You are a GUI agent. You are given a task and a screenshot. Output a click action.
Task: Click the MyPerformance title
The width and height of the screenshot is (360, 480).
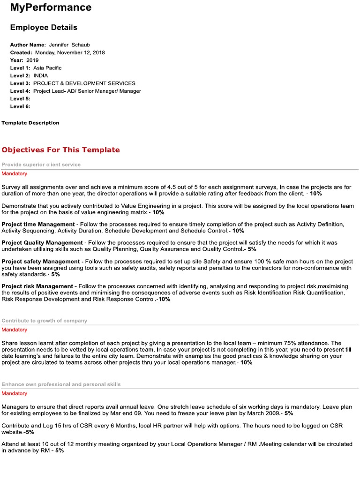tap(51, 7)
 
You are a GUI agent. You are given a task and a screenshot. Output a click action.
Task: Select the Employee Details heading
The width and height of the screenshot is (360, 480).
tap(44, 28)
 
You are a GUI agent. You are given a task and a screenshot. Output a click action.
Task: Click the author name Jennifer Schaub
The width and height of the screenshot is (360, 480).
tap(69, 45)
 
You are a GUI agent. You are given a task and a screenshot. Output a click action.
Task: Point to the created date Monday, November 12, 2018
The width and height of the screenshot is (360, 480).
tap(70, 52)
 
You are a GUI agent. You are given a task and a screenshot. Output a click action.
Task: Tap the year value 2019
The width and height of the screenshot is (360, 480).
tap(32, 60)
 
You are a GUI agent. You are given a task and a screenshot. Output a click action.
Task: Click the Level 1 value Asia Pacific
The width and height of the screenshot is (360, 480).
tap(47, 68)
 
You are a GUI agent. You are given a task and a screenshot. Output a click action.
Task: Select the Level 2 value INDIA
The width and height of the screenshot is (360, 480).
tap(40, 75)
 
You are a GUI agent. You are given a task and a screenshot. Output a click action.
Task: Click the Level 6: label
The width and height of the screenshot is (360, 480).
tap(20, 106)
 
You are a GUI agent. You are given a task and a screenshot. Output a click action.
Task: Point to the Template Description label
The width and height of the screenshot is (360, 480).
tap(30, 123)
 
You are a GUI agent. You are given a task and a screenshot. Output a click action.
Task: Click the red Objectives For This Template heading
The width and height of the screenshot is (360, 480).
tap(60, 150)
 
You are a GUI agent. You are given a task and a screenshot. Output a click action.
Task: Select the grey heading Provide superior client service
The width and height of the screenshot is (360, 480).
tap(41, 165)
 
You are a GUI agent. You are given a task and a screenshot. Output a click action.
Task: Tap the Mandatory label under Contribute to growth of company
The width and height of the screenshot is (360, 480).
tap(14, 330)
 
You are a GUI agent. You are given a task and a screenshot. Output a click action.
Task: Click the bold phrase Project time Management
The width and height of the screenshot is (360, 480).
tap(38, 225)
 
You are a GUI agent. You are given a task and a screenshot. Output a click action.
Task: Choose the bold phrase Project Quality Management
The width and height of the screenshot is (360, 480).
tap(42, 243)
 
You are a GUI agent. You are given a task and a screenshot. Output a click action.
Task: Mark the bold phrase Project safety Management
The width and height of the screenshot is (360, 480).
tap(41, 261)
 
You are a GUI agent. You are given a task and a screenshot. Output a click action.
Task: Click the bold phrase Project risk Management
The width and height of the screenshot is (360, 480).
tap(37, 286)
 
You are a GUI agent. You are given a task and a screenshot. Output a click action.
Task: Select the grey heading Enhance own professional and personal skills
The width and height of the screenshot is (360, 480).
tap(61, 384)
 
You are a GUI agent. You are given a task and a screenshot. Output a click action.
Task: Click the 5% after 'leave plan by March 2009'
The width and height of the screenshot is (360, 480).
tap(289, 414)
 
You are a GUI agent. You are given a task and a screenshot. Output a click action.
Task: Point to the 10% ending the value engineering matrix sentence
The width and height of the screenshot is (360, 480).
tap(158, 212)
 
